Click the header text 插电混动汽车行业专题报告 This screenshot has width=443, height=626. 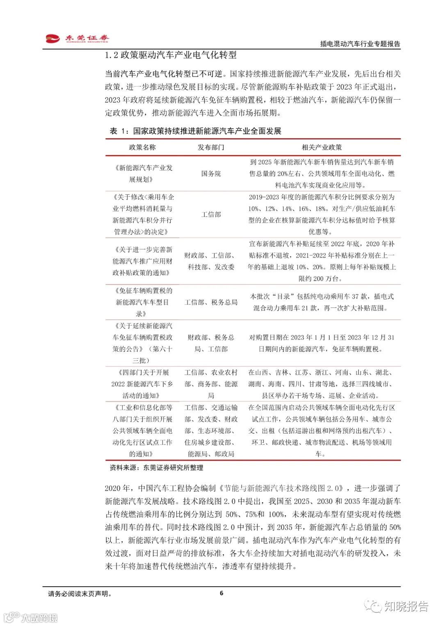pyautogui.click(x=360, y=44)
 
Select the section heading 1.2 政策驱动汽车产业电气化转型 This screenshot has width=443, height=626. pyautogui.click(x=171, y=55)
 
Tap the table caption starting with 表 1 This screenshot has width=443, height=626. pyautogui.click(x=195, y=131)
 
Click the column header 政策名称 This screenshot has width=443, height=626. pyautogui.click(x=142, y=147)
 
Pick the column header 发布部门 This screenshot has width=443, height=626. pyautogui.click(x=211, y=147)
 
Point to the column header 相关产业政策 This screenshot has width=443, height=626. pyautogui.click(x=322, y=147)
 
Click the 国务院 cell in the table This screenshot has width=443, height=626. pyautogui.click(x=211, y=173)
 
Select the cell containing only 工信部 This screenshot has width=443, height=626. pyautogui.click(x=211, y=214)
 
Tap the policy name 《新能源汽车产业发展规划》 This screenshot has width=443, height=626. pyautogui.click(x=142, y=173)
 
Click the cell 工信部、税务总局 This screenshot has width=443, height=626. pyautogui.click(x=211, y=302)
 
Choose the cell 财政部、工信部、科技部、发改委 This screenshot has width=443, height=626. pyautogui.click(x=211, y=261)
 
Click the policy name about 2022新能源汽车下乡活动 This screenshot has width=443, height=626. pyautogui.click(x=142, y=384)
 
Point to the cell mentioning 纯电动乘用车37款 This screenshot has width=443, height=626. pyautogui.click(x=322, y=302)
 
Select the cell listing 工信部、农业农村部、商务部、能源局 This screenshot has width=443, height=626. pyautogui.click(x=211, y=384)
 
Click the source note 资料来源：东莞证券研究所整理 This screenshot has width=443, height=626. pyautogui.click(x=156, y=467)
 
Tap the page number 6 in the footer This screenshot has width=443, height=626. pyautogui.click(x=221, y=593)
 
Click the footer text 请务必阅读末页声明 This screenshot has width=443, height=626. pyautogui.click(x=80, y=594)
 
